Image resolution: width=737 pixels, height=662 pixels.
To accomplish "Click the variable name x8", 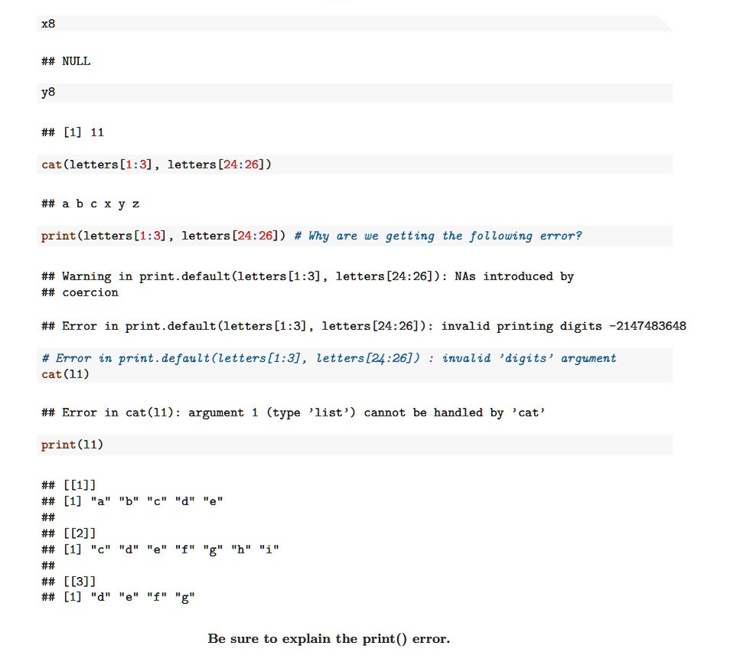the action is pos(48,24).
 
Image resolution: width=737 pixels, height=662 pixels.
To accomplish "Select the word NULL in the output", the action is pos(76,61).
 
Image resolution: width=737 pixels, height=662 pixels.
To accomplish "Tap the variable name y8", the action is pos(48,92).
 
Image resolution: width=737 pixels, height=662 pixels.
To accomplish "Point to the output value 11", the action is pos(97,132).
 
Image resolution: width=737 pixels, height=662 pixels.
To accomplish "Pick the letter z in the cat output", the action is pos(135,204).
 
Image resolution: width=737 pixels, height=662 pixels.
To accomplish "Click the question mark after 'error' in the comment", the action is pos(579,236).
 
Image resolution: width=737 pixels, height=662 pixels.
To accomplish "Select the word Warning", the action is pos(87,276).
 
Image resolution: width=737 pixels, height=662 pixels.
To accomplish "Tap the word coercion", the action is pos(90,292).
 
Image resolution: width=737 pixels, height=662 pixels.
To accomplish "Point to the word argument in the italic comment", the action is pos(589,358).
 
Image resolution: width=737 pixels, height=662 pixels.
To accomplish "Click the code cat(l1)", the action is pos(65,374).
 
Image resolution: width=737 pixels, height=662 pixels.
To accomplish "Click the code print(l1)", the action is pos(72,445).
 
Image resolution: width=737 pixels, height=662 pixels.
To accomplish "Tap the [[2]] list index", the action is pos(80,533).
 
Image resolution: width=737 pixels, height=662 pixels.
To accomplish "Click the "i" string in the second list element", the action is pos(269,549).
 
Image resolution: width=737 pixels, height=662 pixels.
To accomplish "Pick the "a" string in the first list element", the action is pos(100,501).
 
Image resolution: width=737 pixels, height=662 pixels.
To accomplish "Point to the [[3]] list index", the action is pos(80,582).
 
